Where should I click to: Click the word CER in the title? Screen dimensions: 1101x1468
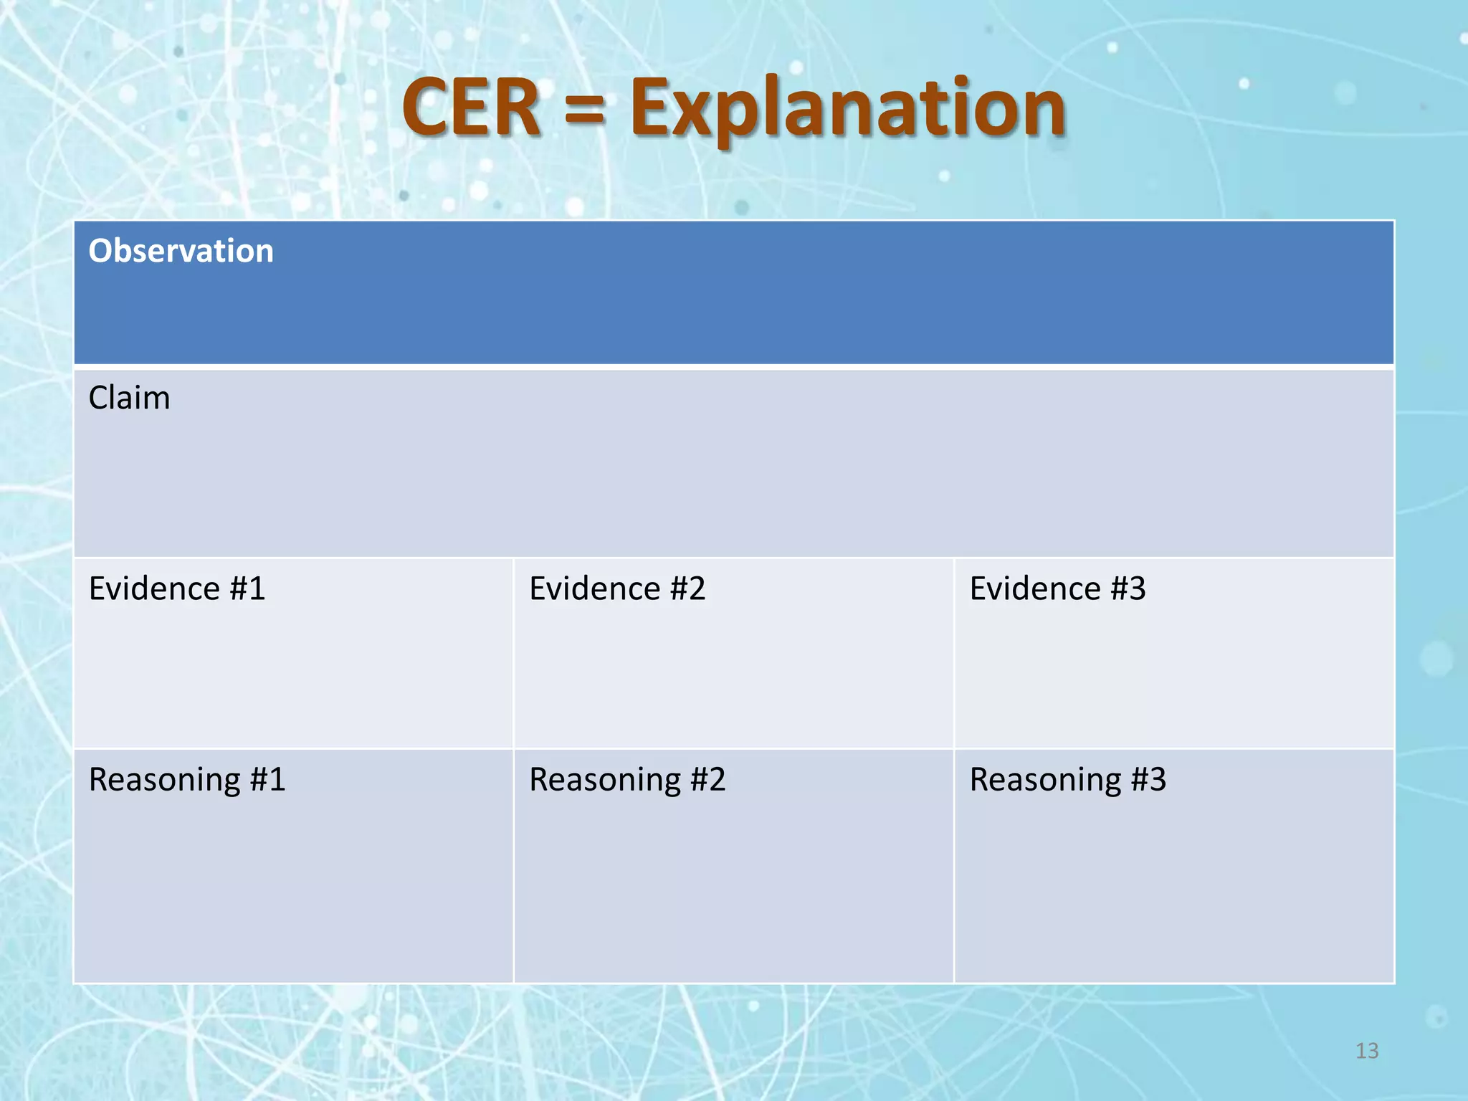471,108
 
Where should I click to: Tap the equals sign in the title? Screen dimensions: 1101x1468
584,111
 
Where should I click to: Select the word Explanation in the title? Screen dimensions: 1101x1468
847,109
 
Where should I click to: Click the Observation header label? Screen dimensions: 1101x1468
181,251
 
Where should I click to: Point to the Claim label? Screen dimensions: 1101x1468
129,398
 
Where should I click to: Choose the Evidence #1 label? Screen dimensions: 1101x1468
177,588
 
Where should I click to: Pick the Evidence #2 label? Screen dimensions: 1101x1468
617,588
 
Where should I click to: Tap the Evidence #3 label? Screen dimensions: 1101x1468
1057,588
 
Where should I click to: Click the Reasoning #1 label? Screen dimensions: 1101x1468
187,780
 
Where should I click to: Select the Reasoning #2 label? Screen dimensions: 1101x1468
627,780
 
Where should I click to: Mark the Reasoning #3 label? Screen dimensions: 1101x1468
1068,780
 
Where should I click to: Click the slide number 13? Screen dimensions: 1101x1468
1367,1051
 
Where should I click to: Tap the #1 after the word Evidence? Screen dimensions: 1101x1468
247,588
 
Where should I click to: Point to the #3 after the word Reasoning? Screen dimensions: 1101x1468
1148,780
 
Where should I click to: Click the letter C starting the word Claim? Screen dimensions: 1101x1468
98,398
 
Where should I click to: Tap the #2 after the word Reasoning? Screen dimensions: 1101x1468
707,780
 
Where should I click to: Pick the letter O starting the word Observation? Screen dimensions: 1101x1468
100,251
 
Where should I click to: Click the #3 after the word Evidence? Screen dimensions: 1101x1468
1128,588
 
